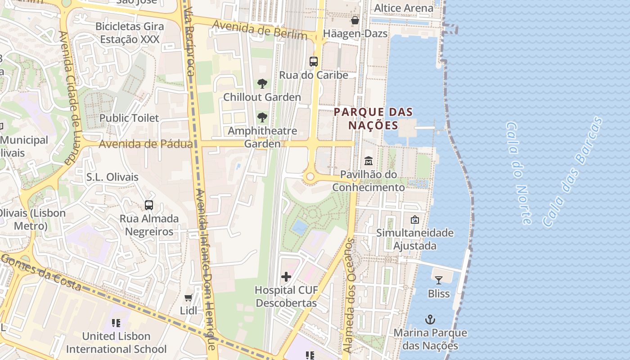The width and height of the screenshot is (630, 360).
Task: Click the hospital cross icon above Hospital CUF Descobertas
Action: (286, 277)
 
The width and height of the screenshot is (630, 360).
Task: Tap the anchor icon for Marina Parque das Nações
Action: (430, 319)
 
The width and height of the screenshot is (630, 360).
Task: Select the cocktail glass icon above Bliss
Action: (438, 280)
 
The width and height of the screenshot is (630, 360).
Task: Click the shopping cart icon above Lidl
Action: (189, 297)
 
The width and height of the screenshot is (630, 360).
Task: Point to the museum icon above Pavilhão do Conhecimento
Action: (369, 161)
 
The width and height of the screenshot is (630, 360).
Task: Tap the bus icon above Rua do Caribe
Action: (314, 62)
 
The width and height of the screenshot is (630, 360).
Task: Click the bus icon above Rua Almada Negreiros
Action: (149, 205)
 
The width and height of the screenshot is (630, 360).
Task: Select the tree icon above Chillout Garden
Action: (262, 84)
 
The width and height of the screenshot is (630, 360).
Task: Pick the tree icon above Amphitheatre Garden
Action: (262, 117)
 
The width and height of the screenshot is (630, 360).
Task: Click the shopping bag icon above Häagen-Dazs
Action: (355, 20)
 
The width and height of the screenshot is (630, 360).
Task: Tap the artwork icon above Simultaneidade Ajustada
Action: (414, 220)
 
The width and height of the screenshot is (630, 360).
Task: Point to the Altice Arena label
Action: (404, 8)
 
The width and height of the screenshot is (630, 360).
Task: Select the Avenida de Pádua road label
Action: (145, 144)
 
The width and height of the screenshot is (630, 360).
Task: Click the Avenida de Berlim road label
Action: (260, 29)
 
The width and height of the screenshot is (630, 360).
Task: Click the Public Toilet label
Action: (129, 118)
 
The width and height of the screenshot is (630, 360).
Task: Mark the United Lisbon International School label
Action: (116, 342)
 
